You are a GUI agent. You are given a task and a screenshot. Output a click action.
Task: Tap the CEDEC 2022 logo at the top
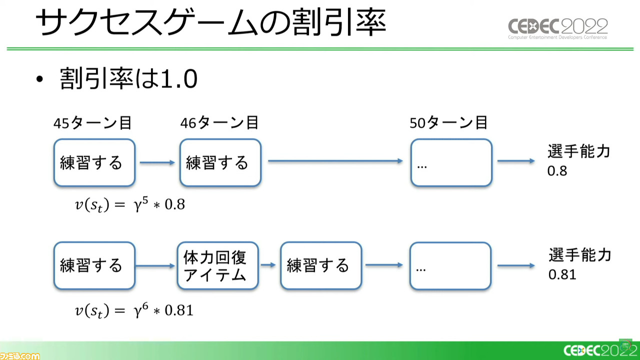(x=557, y=28)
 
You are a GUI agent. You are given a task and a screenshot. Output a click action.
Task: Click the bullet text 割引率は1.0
(x=128, y=78)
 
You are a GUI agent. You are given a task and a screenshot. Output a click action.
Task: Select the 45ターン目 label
(x=92, y=123)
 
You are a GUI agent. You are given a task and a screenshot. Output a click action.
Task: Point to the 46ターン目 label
(x=219, y=123)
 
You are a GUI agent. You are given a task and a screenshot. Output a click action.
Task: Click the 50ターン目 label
(x=448, y=123)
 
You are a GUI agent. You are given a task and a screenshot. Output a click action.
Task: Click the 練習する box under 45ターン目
(x=94, y=162)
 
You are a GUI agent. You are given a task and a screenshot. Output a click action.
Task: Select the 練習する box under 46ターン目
(x=220, y=162)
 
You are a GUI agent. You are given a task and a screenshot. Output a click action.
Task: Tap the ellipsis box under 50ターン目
(x=451, y=162)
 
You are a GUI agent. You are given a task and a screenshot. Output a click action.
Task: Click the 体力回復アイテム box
(x=217, y=265)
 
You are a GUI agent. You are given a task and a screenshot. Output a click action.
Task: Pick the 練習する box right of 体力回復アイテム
(x=321, y=265)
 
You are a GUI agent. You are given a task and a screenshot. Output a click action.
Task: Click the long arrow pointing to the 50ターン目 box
(x=335, y=161)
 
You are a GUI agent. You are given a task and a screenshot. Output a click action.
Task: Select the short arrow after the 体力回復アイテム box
(x=268, y=265)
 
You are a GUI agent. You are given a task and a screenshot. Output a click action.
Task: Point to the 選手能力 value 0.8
(x=557, y=171)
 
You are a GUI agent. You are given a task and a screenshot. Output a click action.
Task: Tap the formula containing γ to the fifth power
(x=130, y=204)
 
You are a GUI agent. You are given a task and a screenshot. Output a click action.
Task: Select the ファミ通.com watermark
(x=20, y=355)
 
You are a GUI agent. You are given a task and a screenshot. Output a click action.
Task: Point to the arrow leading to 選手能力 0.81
(x=516, y=265)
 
